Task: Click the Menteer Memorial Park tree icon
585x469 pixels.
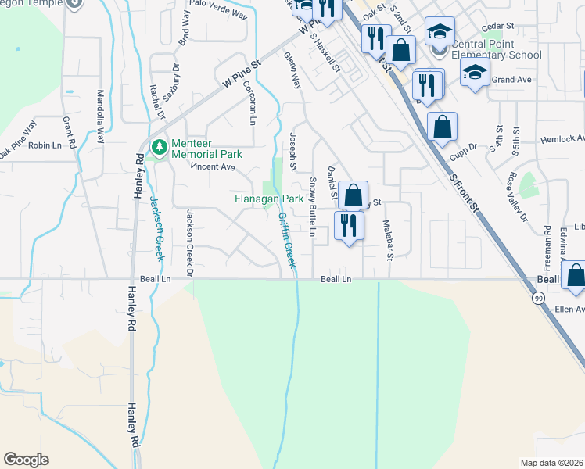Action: (159, 146)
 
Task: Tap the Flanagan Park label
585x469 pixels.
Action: (269, 199)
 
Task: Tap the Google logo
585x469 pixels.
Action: (26, 460)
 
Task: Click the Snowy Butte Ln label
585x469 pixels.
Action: (311, 207)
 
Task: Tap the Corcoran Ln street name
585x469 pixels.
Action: (249, 102)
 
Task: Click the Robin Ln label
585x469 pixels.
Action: (45, 145)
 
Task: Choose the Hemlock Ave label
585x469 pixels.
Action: (562, 139)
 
